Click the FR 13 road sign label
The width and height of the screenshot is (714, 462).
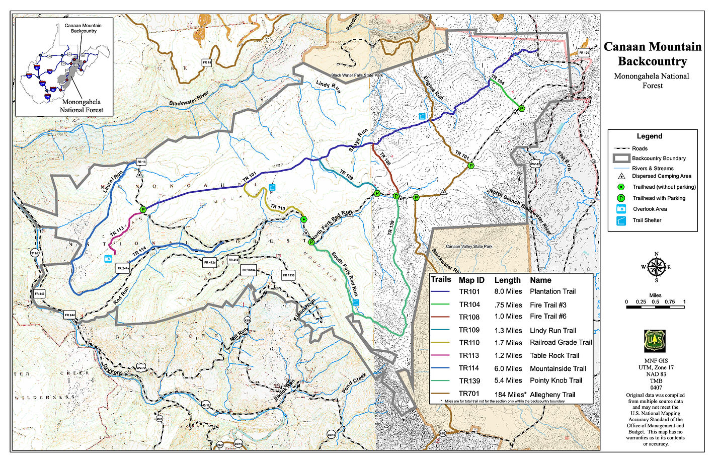pyautogui.click(x=141, y=162)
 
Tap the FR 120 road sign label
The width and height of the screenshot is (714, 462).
pyautogui.click(x=584, y=53)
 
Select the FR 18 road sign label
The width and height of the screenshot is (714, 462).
pyautogui.click(x=207, y=62)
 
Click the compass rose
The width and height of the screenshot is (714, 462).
pyautogui.click(x=656, y=267)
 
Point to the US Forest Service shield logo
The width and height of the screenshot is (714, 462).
pyautogui.click(x=655, y=341)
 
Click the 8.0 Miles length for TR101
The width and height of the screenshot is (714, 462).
pyautogui.click(x=508, y=292)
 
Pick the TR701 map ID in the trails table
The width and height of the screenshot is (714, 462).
pyautogui.click(x=469, y=394)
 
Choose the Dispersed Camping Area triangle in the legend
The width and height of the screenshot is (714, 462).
pyautogui.click(x=621, y=176)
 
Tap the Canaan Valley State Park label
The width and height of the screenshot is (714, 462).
pyautogui.click(x=469, y=247)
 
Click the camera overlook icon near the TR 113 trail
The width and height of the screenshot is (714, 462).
pyautogui.click(x=108, y=259)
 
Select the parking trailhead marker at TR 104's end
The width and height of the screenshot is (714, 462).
pyautogui.click(x=521, y=108)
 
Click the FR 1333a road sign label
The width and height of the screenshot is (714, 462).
pyautogui.click(x=249, y=270)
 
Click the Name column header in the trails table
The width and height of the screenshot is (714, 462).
pyautogui.click(x=540, y=280)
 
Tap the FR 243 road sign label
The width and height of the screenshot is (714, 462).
pyautogui.click(x=39, y=293)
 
